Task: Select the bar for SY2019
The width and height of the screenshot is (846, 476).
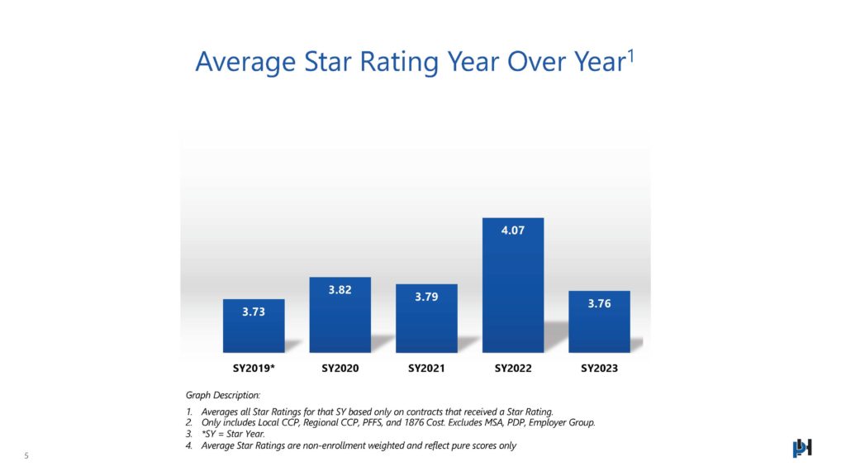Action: coord(254,331)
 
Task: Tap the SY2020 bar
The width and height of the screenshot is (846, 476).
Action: coord(340,318)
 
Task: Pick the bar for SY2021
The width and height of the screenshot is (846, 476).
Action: coord(426,322)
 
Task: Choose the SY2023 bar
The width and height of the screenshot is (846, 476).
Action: coord(599,326)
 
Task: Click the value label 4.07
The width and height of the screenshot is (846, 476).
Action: coord(513,231)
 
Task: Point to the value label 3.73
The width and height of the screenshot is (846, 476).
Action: coord(254,312)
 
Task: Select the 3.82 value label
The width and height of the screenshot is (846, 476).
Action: coord(340,290)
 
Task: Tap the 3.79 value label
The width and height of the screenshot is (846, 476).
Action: coord(426,297)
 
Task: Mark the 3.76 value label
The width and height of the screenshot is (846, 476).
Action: coord(599,303)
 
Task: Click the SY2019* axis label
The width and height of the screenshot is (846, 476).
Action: coord(254,368)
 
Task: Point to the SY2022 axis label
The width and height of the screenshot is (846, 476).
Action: coord(513,368)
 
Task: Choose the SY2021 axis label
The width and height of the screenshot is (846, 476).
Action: coord(426,368)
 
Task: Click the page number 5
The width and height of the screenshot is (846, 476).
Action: coord(26,455)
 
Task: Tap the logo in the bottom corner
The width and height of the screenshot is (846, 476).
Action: coord(802,447)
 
